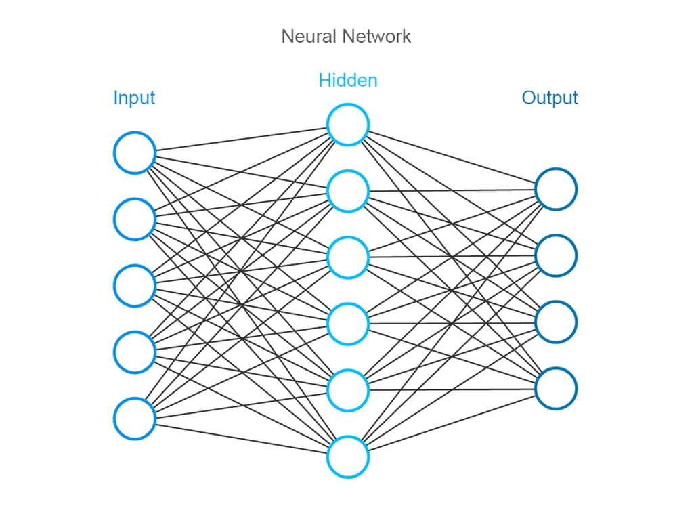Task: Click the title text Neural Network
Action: tap(346, 36)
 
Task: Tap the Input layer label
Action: tap(134, 98)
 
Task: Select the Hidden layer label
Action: tap(347, 81)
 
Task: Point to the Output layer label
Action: tap(549, 98)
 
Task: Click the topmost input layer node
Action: tap(135, 153)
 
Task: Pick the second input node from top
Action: tap(135, 219)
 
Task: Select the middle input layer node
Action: tap(135, 286)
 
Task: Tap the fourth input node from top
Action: tap(135, 352)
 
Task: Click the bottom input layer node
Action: tap(135, 419)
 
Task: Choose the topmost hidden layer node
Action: tap(348, 125)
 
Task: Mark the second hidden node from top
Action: tap(348, 191)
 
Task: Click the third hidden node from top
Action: tap(348, 257)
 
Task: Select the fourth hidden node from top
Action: tap(348, 324)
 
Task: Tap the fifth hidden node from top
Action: tap(348, 390)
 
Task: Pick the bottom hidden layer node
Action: tap(348, 457)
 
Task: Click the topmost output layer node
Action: tap(556, 189)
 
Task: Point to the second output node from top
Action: tap(556, 255)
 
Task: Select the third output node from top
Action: tap(556, 322)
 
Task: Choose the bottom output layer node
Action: tap(556, 388)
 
